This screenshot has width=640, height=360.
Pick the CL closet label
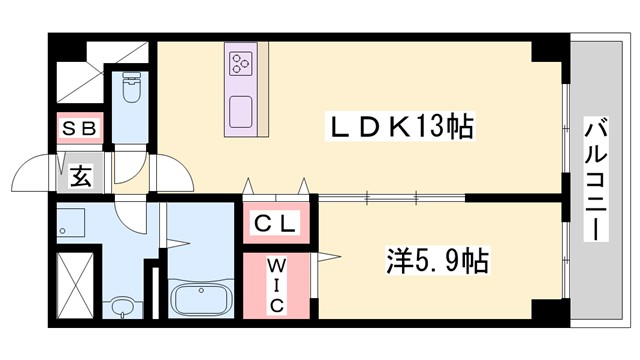tap(276, 225)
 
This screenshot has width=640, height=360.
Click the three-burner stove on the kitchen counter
tap(241, 64)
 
